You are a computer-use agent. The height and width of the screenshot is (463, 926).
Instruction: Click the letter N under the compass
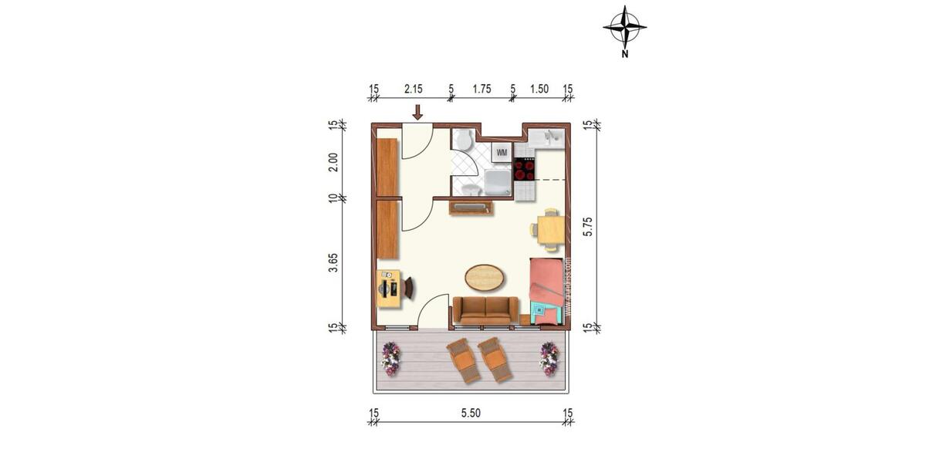[624, 55]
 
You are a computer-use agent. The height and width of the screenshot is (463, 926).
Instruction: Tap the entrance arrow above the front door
[417, 113]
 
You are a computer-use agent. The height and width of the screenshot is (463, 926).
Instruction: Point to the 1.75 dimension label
[482, 90]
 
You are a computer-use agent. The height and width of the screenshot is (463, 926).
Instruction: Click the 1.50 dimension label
[539, 90]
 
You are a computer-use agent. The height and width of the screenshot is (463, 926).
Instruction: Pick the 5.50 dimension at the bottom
[471, 414]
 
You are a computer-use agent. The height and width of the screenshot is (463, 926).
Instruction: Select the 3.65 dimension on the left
[333, 262]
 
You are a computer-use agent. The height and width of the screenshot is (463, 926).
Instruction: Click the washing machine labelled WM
[502, 152]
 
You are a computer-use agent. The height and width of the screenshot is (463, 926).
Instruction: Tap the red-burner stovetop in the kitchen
[525, 169]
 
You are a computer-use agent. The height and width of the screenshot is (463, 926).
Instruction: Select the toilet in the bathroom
[462, 140]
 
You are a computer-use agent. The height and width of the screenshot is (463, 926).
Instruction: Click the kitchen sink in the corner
[553, 137]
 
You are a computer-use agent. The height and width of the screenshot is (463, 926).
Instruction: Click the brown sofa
[485, 309]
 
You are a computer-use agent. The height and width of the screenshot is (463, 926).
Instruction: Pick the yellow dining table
[550, 230]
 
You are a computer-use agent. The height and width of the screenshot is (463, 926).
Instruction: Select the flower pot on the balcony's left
[391, 359]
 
